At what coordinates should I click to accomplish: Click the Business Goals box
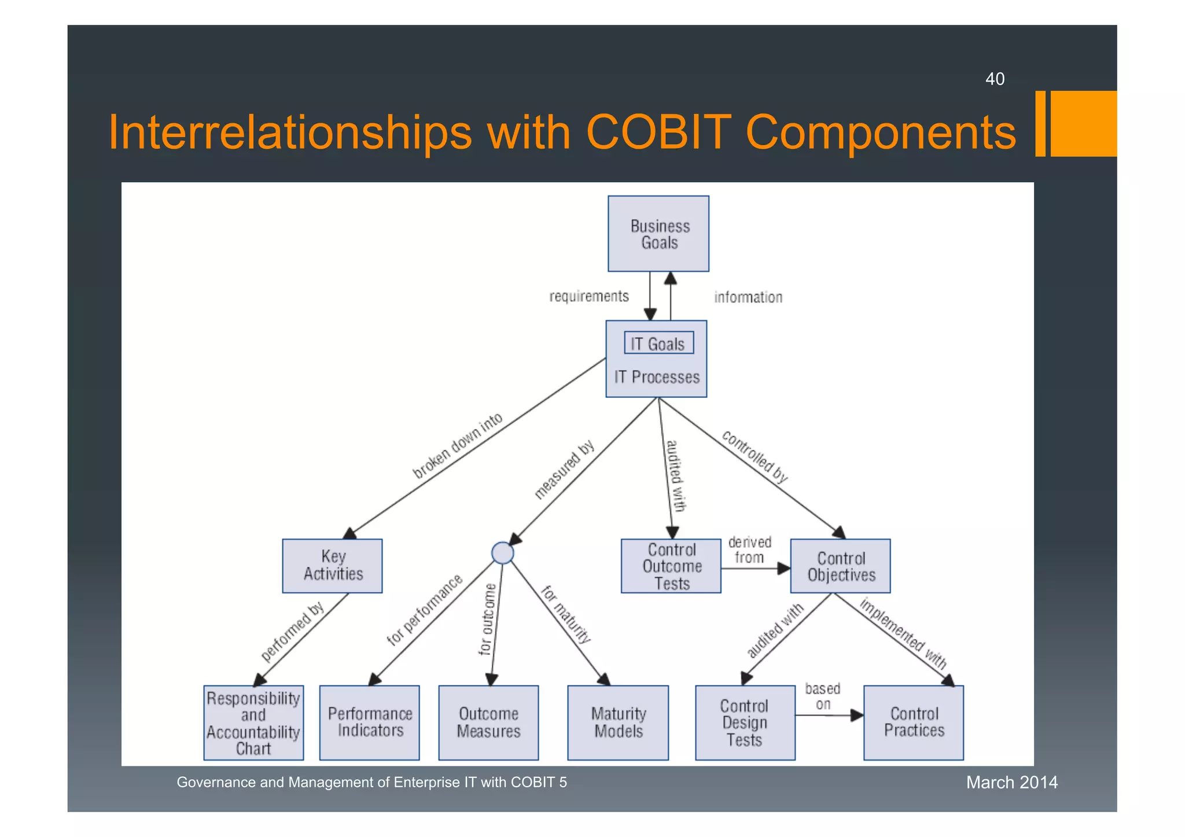coord(658,234)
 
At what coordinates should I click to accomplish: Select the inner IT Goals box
coord(658,343)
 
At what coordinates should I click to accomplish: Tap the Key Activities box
coord(332,566)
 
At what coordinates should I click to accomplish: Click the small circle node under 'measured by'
coord(502,553)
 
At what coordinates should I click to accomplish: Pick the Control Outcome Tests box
coord(671,566)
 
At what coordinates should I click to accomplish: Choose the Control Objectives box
coord(840,566)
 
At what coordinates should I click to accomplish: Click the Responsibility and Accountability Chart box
coord(253,722)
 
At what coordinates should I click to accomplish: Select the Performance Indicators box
coord(369,722)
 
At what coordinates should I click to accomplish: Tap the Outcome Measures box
coord(488,722)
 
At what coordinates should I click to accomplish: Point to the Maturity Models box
coord(617,722)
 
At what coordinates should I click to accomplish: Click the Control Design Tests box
coord(745,722)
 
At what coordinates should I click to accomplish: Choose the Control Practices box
coord(913,722)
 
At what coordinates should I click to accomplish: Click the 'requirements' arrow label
coord(588,297)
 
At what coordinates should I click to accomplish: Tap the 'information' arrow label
coord(748,297)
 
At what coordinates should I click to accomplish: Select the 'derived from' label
coord(749,550)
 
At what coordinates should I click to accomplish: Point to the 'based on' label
coord(822,696)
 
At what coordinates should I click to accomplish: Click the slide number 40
coord(995,79)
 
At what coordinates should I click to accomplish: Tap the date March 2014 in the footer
coord(1011,783)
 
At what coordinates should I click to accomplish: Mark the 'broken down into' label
coord(457,446)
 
